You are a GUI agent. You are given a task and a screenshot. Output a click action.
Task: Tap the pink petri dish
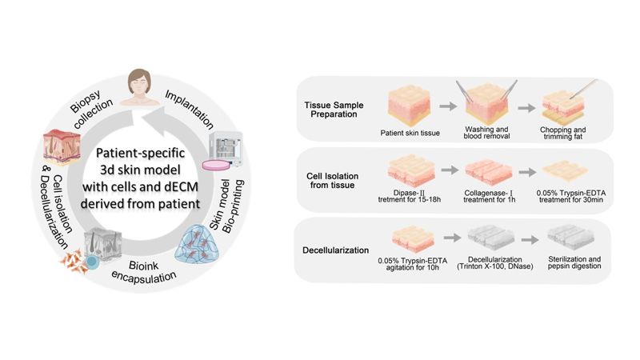point(215,165)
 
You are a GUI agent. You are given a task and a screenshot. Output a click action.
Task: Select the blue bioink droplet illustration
point(197,245)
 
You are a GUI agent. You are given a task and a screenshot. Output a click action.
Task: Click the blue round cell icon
point(92,262)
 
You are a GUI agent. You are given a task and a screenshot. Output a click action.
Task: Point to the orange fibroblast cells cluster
point(74,262)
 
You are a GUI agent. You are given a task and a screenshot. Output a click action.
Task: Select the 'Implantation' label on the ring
point(190,110)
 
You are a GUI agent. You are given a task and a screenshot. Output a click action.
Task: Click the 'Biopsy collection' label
point(91,108)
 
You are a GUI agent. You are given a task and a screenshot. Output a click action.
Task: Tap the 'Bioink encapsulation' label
point(144,271)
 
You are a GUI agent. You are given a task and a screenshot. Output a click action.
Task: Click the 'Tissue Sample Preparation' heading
point(334,110)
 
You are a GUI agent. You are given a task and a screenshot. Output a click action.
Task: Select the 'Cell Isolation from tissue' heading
point(332,181)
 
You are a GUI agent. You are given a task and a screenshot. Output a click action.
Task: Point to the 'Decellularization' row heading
point(335,250)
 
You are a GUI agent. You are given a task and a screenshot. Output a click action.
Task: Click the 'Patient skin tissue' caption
point(410,133)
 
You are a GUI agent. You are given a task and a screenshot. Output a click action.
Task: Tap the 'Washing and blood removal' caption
point(486,133)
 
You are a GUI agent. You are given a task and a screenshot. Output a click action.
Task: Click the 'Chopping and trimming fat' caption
point(562,133)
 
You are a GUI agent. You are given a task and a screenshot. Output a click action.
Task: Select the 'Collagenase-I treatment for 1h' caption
point(489,196)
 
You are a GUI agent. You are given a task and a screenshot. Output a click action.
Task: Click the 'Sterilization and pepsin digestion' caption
point(574,262)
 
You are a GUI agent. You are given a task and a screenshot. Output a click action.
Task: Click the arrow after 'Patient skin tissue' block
point(448,106)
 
